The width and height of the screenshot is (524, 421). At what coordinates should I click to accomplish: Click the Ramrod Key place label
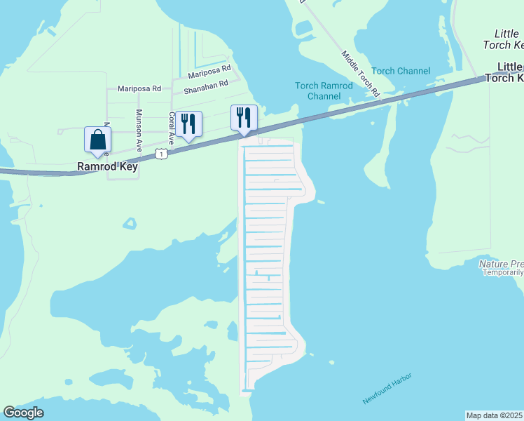pyautogui.click(x=107, y=167)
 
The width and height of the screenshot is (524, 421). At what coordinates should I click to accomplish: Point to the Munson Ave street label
pyautogui.click(x=139, y=131)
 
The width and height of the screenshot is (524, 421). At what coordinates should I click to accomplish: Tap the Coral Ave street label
pyautogui.click(x=172, y=128)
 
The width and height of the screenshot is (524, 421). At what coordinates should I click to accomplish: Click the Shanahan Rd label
pyautogui.click(x=206, y=87)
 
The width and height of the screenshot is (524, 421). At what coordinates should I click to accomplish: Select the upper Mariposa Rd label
pyautogui.click(x=209, y=71)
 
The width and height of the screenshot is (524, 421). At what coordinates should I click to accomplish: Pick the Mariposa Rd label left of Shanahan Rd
pyautogui.click(x=139, y=88)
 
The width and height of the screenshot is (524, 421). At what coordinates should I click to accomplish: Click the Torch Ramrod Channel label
pyautogui.click(x=324, y=91)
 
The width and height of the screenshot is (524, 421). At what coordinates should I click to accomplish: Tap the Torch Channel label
pyautogui.click(x=401, y=71)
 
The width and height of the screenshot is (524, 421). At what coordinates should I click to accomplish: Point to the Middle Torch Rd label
pyautogui.click(x=360, y=73)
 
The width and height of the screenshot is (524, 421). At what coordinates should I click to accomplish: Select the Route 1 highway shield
pyautogui.click(x=163, y=153)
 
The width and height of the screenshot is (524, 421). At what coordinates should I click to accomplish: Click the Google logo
pyautogui.click(x=23, y=413)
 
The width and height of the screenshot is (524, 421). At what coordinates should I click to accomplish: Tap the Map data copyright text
pyautogui.click(x=495, y=415)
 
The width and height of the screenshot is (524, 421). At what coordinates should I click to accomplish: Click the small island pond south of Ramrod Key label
pyautogui.click(x=129, y=224)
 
